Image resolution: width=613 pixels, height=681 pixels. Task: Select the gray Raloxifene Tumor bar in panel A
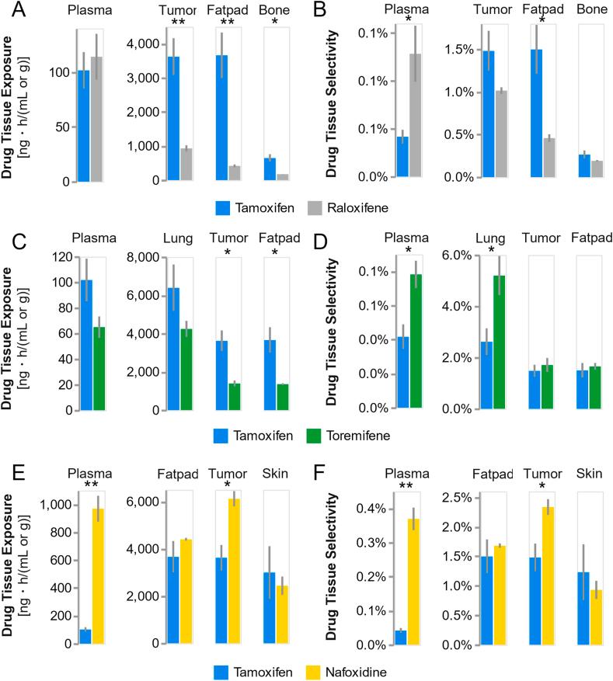point(186,164)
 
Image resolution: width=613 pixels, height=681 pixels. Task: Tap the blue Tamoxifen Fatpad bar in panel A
point(221,117)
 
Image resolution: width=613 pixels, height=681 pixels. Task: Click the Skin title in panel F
point(589,473)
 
